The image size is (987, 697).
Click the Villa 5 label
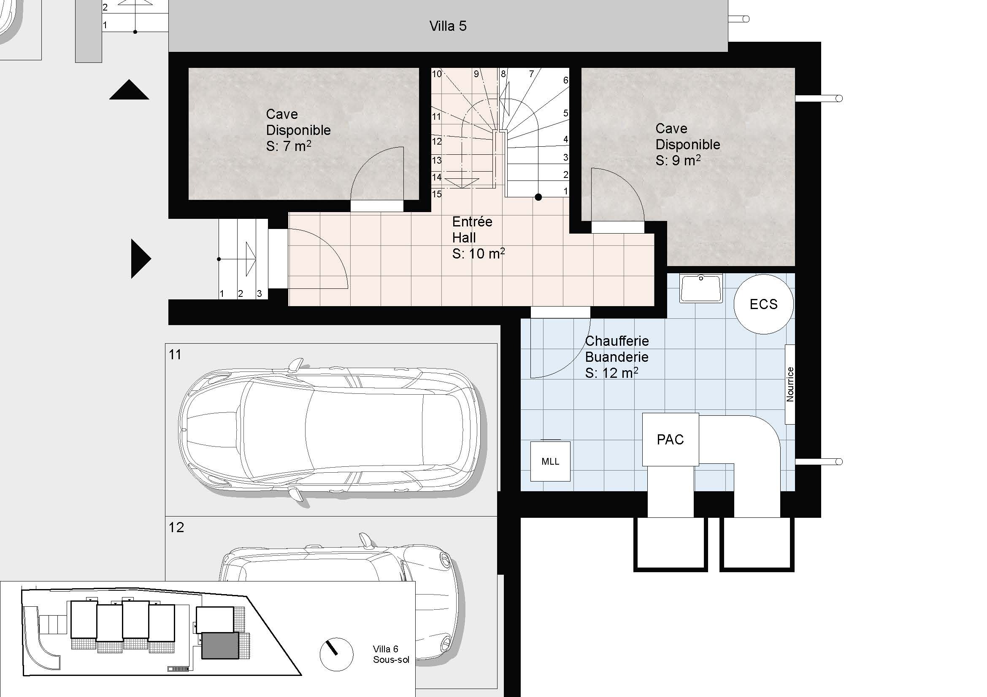448,26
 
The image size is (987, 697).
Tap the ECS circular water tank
763,304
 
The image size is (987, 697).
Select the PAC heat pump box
670,439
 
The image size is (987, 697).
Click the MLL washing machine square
550,461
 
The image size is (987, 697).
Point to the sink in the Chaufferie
701,288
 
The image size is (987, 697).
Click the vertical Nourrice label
790,385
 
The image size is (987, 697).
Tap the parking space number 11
175,355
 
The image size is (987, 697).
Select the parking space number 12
176,527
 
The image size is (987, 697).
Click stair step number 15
437,194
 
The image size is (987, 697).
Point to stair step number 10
437,74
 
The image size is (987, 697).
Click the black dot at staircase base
538,197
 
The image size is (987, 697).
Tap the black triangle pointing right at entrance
141,258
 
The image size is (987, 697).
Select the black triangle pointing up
129,90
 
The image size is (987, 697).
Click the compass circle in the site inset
337,654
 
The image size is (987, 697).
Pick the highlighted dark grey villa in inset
220,646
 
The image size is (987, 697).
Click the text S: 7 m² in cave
289,146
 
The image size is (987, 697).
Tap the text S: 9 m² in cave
678,161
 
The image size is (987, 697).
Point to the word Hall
464,237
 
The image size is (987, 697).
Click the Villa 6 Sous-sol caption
391,654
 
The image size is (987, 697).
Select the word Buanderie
617,357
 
